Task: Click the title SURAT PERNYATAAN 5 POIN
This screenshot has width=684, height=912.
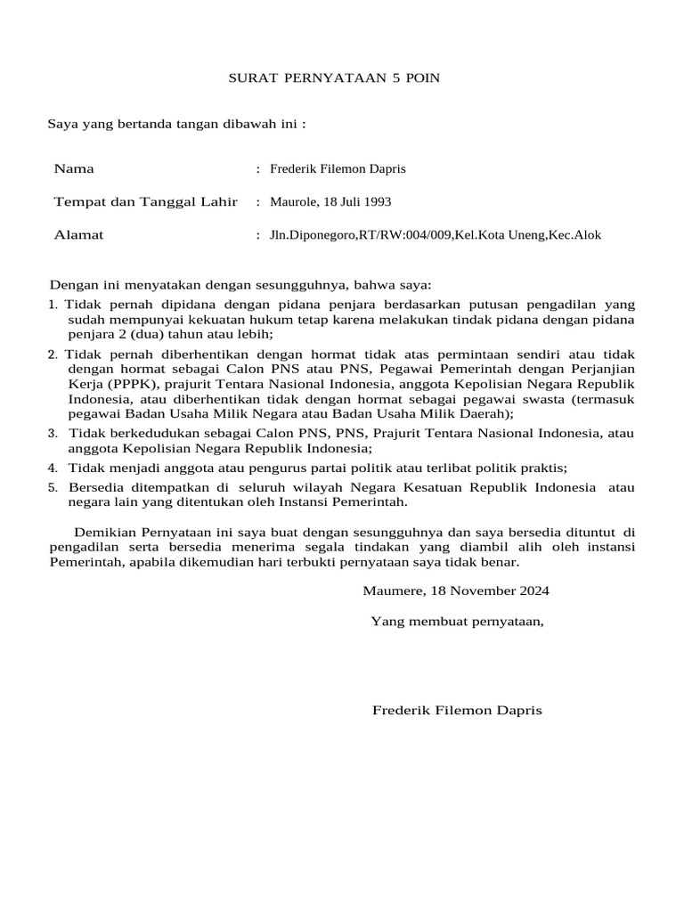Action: tap(334, 78)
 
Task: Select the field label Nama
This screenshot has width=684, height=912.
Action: tap(74, 168)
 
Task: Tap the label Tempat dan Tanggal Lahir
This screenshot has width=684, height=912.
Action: tap(145, 202)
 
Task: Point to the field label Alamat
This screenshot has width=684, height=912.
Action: tap(78, 235)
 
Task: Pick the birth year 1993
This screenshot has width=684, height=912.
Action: tap(376, 202)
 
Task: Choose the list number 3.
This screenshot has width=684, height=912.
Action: tap(53, 434)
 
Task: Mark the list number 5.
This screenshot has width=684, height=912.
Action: tap(53, 488)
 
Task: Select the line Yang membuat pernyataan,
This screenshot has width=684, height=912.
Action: tap(457, 622)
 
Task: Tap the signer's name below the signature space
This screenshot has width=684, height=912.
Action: tap(457, 711)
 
